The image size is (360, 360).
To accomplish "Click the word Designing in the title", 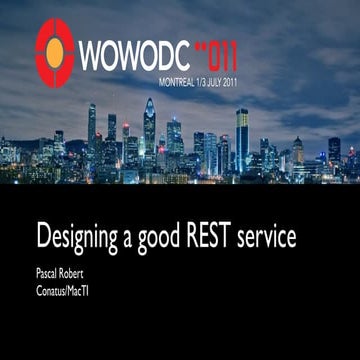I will (x=80, y=240).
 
